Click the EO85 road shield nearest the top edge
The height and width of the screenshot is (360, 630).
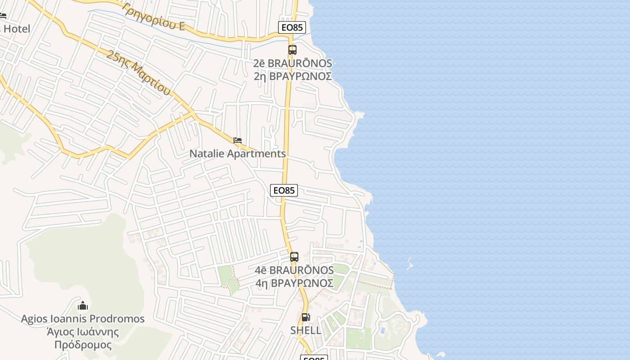tap(292, 27)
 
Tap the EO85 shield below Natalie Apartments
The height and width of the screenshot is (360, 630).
tap(284, 190)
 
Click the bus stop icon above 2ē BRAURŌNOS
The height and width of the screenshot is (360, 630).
tap(292, 50)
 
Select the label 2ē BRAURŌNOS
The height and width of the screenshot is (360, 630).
tap(292, 63)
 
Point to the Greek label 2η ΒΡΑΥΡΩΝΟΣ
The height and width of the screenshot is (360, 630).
tap(292, 76)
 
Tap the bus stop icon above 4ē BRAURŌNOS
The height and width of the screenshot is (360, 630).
tap(294, 257)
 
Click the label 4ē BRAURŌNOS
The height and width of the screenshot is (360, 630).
tap(294, 270)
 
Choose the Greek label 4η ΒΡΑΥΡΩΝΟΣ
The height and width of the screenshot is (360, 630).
tap(294, 283)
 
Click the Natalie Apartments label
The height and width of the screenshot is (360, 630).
tap(237, 153)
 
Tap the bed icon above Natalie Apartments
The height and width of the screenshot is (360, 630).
tap(238, 140)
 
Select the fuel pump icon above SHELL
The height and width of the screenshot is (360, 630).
tap(306, 317)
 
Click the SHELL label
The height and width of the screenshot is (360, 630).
tap(306, 330)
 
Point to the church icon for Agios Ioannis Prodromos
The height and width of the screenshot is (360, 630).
tap(83, 306)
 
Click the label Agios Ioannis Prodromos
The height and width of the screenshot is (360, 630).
tap(83, 319)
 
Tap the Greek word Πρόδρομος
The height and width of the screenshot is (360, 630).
tap(83, 345)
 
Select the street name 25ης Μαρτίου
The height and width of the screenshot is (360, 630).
tap(139, 73)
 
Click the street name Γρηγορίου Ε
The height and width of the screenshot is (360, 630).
tap(154, 17)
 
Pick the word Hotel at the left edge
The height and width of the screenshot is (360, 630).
tap(17, 29)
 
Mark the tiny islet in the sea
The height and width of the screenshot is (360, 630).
tap(409, 264)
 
